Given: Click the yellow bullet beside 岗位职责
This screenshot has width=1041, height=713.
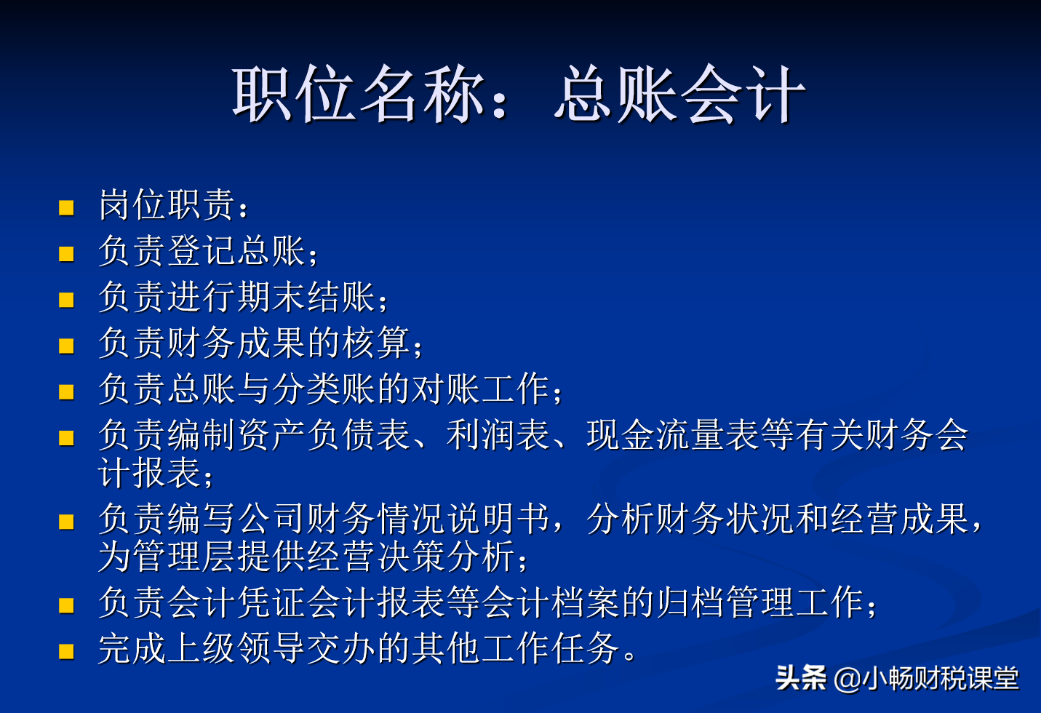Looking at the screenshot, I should click(x=67, y=208).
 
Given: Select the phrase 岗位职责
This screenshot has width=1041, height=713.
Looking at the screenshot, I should click(x=167, y=205).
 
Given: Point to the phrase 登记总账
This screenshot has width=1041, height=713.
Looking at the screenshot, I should click(x=237, y=251).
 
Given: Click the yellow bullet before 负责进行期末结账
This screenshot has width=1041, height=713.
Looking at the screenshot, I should click(x=67, y=300).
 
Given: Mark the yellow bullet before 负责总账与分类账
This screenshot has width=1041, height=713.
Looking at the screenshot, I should click(x=67, y=392).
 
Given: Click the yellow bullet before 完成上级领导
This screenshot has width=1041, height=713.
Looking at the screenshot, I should click(x=67, y=651).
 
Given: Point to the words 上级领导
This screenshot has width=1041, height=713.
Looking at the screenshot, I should click(x=237, y=648).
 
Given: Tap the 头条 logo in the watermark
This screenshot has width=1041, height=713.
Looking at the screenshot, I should click(x=800, y=678).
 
